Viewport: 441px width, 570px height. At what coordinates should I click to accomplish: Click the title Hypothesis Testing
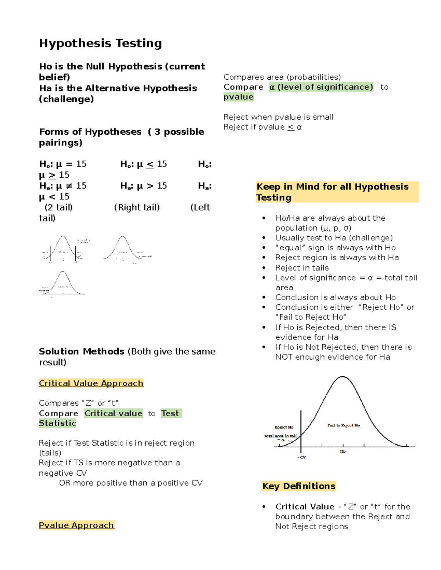click(x=100, y=43)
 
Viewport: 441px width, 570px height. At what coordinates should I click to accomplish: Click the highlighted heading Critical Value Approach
click(x=91, y=383)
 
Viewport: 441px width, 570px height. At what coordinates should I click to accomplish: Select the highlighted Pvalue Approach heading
click(x=76, y=525)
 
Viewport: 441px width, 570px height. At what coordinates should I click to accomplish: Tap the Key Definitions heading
click(x=299, y=486)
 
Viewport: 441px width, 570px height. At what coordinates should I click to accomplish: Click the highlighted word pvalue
click(x=239, y=97)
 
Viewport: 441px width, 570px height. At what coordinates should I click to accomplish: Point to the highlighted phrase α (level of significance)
click(x=321, y=87)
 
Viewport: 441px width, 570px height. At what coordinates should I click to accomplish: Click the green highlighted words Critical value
click(x=113, y=413)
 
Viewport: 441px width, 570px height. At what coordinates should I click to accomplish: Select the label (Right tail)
click(x=137, y=207)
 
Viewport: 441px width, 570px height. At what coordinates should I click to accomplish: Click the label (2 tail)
click(x=58, y=207)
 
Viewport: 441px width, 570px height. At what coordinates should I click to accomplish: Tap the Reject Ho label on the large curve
click(x=284, y=427)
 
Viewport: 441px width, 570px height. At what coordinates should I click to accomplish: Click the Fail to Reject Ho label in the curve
click(x=344, y=425)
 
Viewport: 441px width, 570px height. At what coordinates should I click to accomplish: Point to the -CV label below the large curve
click(x=302, y=457)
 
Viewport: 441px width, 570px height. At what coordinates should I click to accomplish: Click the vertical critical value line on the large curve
click(x=301, y=429)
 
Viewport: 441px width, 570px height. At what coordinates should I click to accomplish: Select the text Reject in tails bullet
click(x=302, y=268)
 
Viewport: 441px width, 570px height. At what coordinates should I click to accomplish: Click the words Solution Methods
click(x=82, y=351)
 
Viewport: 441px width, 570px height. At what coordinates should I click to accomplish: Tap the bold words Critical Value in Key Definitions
click(x=305, y=507)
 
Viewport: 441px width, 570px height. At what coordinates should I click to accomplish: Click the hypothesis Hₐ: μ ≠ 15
click(x=63, y=186)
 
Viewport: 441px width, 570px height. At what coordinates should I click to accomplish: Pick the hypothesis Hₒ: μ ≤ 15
click(x=143, y=164)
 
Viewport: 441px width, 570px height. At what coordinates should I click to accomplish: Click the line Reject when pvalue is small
click(x=278, y=117)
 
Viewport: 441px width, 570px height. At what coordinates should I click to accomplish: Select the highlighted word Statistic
click(x=57, y=423)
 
